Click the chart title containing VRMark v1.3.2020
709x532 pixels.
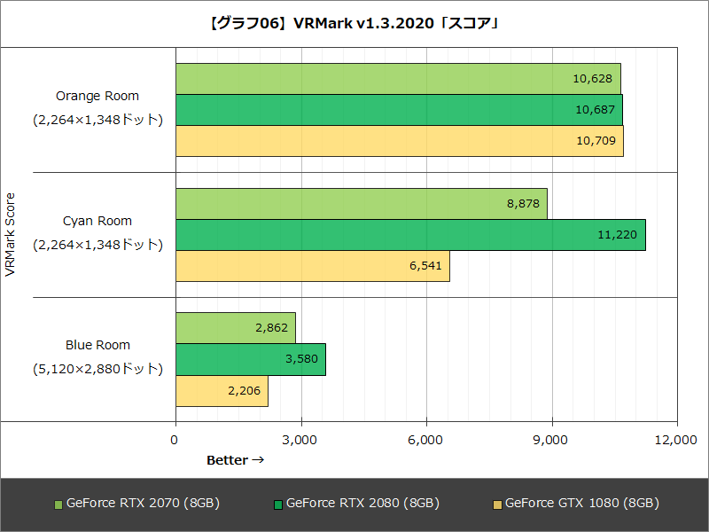354,23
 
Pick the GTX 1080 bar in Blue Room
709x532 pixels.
222,390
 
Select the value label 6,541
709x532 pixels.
428,266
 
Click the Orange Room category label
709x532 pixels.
97,96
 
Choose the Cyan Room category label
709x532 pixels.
97,221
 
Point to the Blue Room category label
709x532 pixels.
97,345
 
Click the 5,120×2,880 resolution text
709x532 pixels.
97,368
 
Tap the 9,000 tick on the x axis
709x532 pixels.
551,440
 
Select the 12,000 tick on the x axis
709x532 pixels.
677,440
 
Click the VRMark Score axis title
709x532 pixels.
11,235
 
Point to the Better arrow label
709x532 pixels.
235,460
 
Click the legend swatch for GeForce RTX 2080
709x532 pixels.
277,505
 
